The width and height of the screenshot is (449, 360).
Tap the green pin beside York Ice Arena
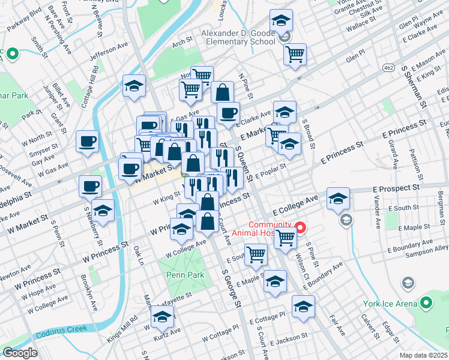[x=427, y=304]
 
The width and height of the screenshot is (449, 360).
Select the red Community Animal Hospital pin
[x=300, y=229]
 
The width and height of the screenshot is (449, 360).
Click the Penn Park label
[x=185, y=275]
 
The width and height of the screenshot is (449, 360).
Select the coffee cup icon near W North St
[x=87, y=142]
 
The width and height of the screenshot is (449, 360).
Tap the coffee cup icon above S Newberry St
[x=89, y=186]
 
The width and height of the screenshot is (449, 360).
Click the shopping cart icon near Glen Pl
[x=295, y=54]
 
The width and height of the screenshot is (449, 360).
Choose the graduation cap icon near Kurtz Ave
[x=162, y=316]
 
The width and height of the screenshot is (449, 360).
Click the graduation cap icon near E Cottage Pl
[x=304, y=307]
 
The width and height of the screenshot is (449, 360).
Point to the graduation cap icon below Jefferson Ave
[x=134, y=86]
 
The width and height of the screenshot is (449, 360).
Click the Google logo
[x=20, y=353]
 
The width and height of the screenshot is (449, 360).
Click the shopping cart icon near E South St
[x=256, y=254]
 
